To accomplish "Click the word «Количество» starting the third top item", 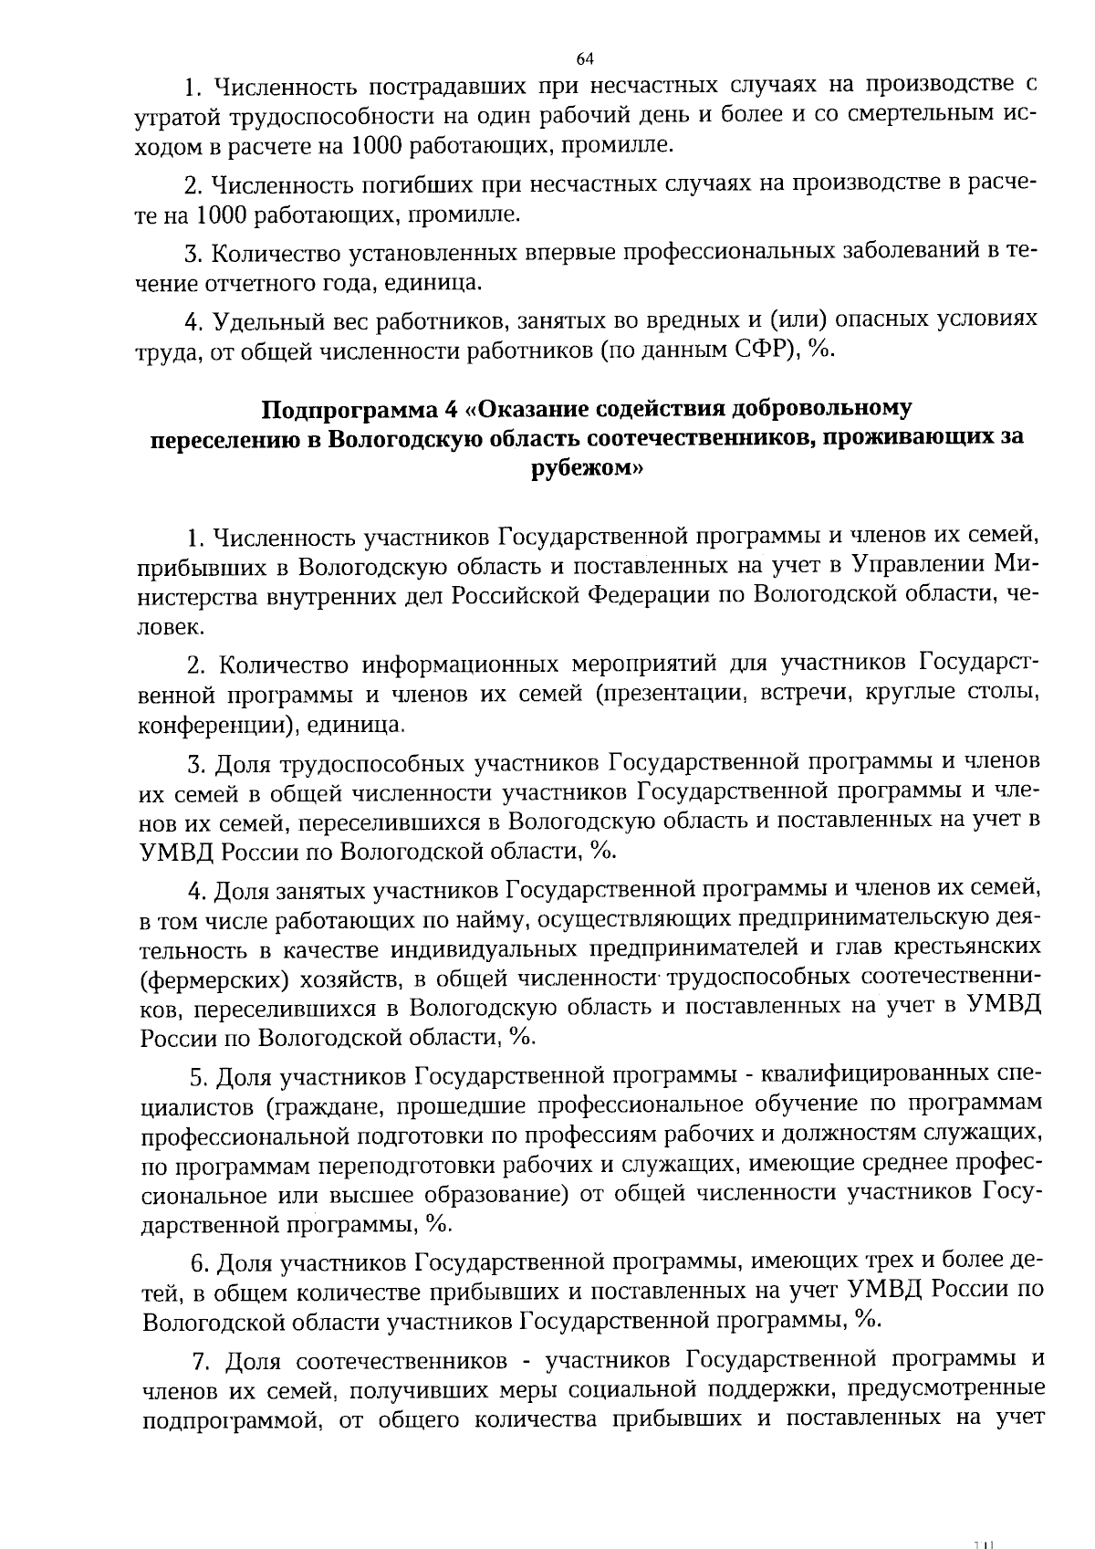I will pos(276,252).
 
